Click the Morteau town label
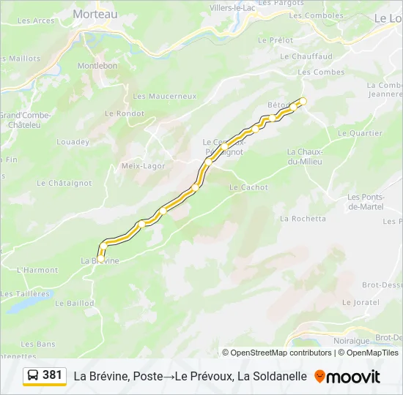pyautogui.click(x=95, y=13)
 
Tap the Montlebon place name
pyautogui.click(x=97, y=65)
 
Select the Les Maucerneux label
pyautogui.click(x=165, y=96)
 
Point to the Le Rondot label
pyautogui.click(x=125, y=113)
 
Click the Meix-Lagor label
pyautogui.click(x=143, y=166)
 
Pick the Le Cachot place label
pyautogui.click(x=248, y=187)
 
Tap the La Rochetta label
pyautogui.click(x=303, y=218)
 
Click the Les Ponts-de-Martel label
pyautogui.click(x=366, y=201)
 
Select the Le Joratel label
pyautogui.click(x=360, y=301)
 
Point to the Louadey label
pyautogui.click(x=73, y=142)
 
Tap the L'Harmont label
pyautogui.click(x=37, y=270)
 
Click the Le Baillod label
pyautogui.click(x=75, y=303)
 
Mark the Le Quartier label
pyautogui.click(x=360, y=133)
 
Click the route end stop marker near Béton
pyautogui.click(x=303, y=101)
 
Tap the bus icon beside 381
pyautogui.click(x=34, y=375)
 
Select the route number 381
pyautogui.click(x=52, y=375)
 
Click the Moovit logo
pyautogui.click(x=347, y=377)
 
